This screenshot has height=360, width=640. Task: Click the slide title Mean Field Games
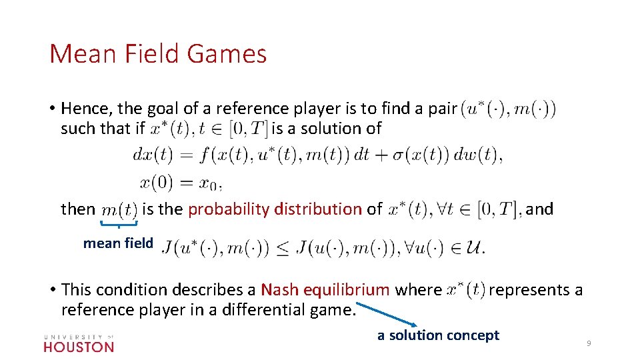158,54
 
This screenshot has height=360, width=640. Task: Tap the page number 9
589,343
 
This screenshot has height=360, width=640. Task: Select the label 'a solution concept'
438,335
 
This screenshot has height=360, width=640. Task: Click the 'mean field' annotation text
118,243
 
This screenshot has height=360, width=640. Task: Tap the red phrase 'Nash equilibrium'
325,290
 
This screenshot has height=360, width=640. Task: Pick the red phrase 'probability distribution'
275,209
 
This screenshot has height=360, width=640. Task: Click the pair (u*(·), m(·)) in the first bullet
508,108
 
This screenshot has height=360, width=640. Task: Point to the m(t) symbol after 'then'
119,210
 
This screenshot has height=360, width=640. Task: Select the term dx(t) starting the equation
154,155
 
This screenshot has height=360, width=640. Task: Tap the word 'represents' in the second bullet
530,290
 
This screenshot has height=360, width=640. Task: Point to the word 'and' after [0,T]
540,209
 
